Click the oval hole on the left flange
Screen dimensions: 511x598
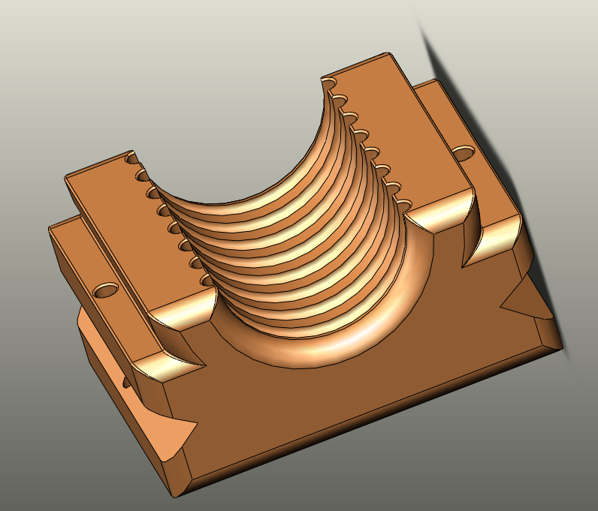point(106,288)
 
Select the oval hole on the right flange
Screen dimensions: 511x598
point(464,153)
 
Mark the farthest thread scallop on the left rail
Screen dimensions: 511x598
point(133,160)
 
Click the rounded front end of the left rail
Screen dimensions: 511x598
point(178,318)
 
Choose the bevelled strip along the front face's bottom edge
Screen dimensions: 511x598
point(368,420)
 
